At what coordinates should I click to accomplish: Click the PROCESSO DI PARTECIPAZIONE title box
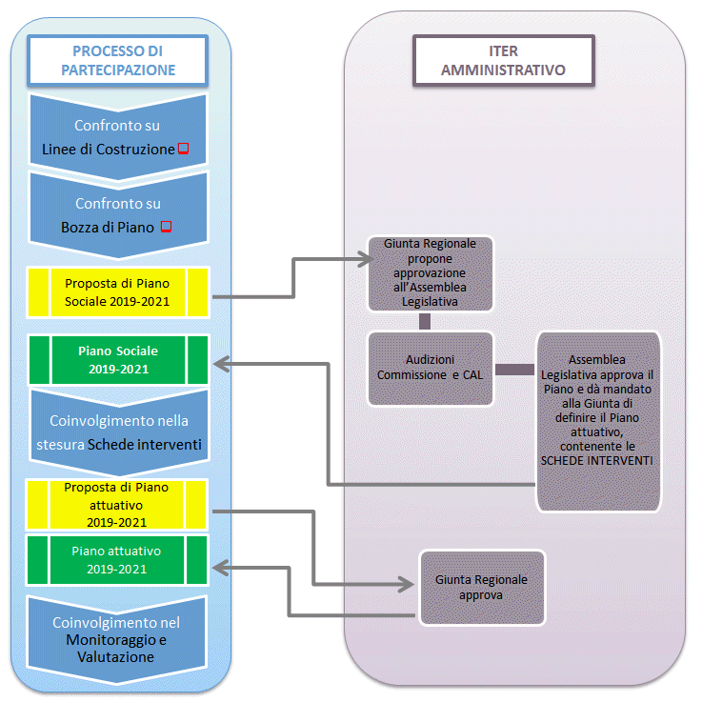(118, 60)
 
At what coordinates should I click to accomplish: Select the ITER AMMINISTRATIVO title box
(504, 60)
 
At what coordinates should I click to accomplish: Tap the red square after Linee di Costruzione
(184, 149)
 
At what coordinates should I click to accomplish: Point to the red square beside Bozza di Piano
(166, 227)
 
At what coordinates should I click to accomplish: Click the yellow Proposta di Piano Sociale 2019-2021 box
(118, 292)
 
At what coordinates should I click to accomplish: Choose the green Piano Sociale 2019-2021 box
(118, 360)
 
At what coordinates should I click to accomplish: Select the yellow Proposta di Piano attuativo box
(117, 505)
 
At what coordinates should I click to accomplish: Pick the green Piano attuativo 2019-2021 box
(117, 560)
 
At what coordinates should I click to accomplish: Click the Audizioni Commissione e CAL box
(431, 369)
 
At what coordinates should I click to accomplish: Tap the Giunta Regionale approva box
(482, 588)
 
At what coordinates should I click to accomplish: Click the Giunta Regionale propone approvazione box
(431, 273)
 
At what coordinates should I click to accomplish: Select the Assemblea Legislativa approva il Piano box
(598, 421)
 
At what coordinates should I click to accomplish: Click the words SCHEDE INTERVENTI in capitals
(597, 461)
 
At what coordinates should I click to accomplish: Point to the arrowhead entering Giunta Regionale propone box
(367, 259)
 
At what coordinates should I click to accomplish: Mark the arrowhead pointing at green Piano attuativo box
(220, 568)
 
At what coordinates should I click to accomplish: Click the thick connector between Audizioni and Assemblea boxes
(515, 370)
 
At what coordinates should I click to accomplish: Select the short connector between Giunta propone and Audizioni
(425, 321)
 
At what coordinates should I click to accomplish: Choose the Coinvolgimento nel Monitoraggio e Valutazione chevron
(117, 639)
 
